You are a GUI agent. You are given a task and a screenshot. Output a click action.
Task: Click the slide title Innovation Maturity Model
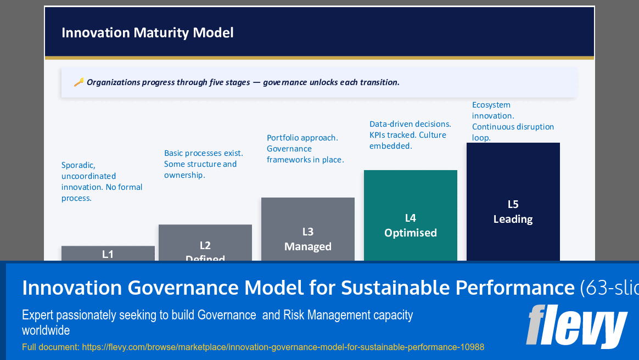click(147, 33)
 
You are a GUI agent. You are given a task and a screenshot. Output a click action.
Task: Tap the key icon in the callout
click(79, 82)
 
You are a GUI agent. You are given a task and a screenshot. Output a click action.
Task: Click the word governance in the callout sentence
click(285, 82)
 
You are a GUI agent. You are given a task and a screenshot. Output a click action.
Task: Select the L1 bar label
click(108, 254)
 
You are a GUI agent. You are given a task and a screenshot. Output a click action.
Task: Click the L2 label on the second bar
click(205, 245)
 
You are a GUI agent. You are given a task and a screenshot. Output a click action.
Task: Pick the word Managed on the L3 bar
click(307, 247)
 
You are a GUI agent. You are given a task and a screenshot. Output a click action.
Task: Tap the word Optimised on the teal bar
click(410, 233)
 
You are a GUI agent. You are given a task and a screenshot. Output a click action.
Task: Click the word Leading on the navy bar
click(513, 219)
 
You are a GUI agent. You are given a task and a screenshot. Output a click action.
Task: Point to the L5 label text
click(513, 204)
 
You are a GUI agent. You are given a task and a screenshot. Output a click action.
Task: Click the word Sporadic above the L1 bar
click(79, 165)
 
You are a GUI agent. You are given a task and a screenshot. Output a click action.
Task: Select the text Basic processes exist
click(203, 153)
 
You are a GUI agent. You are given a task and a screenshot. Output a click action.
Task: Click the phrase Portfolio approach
click(302, 138)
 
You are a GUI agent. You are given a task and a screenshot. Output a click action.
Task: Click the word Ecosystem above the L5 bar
click(491, 105)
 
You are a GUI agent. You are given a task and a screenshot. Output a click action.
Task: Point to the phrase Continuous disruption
click(513, 127)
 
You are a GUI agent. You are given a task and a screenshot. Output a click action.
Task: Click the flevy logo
click(576, 326)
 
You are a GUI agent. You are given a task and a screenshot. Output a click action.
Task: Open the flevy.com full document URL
click(283, 347)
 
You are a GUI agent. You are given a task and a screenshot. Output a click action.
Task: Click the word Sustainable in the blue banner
click(398, 288)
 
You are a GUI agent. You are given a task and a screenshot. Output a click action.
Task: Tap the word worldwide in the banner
click(46, 330)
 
